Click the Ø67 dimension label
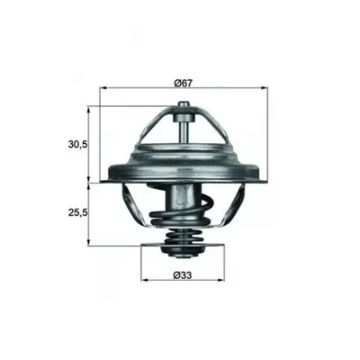pos(183,83)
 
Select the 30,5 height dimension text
pos(77,145)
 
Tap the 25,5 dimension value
pos(77,212)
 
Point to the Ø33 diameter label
pos(183,274)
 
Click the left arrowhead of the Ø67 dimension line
pos(103,88)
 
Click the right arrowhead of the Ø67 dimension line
pos(265,88)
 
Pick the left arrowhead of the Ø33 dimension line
pos(145,280)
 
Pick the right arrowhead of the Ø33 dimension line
pos(221,280)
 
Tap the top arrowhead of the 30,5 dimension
pos(88,110)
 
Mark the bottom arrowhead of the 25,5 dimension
pos(88,242)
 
